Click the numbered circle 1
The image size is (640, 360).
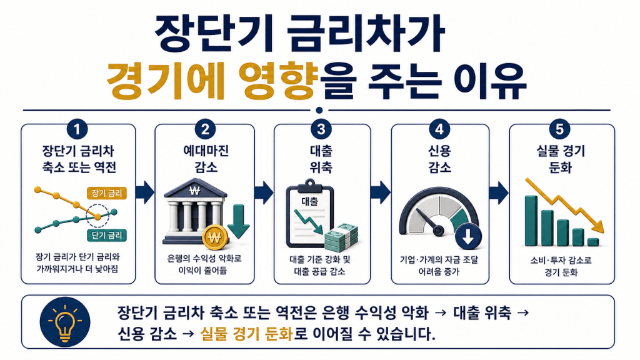pyautogui.click(x=77, y=130)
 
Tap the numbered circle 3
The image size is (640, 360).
pyautogui.click(x=321, y=129)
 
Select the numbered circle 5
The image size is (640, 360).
pyautogui.click(x=559, y=129)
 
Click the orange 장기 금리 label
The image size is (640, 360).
pyautogui.click(x=107, y=193)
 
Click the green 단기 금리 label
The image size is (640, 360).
pyautogui.click(x=107, y=235)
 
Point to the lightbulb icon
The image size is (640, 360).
pyautogui.click(x=65, y=322)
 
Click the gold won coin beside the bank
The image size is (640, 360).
pyautogui.click(x=215, y=237)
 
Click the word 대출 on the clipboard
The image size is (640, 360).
pyautogui.click(x=309, y=201)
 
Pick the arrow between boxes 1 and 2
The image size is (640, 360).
pyautogui.click(x=145, y=192)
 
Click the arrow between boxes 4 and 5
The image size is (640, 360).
pyautogui.click(x=499, y=192)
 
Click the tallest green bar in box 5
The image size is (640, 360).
pyautogui.click(x=531, y=221)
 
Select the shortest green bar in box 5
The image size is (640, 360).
pyautogui.click(x=593, y=242)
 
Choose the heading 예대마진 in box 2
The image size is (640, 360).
pyautogui.click(x=206, y=151)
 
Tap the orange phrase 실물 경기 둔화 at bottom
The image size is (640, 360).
pyautogui.click(x=246, y=334)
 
